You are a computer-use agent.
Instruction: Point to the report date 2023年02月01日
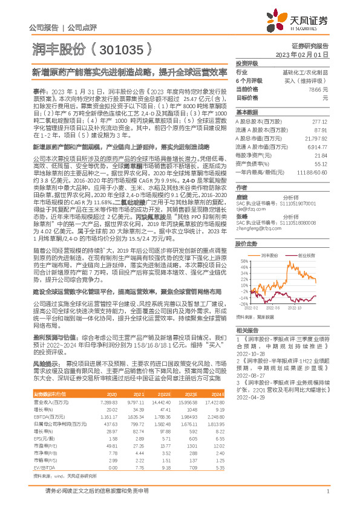[x=310, y=54]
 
